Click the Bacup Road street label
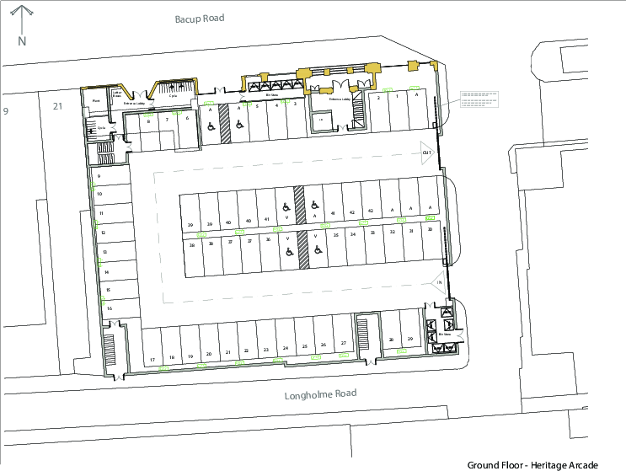pyautogui.click(x=200, y=18)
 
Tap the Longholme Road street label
pyautogui.click(x=320, y=393)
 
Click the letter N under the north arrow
pyautogui.click(x=23, y=40)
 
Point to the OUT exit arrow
pyautogui.click(x=426, y=153)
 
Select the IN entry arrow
pyautogui.click(x=438, y=281)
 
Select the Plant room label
pyautogui.click(x=96, y=99)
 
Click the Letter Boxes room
pyautogui.click(x=116, y=96)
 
